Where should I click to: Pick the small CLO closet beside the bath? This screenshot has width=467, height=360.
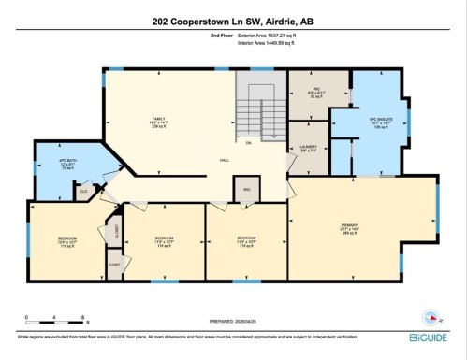click(x=84, y=191)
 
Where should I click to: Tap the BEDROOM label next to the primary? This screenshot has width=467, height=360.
click(x=247, y=239)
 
